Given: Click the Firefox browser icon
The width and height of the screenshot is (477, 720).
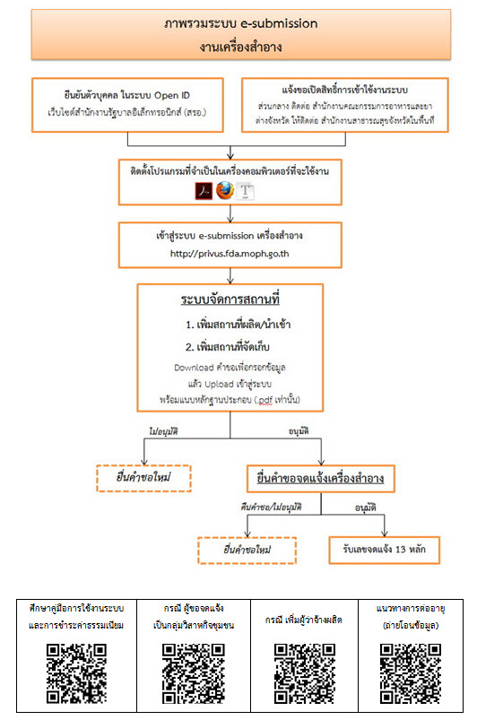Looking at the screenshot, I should pyautogui.click(x=225, y=190).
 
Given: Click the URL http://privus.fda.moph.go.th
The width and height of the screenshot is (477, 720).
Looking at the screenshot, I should pyautogui.click(x=238, y=254).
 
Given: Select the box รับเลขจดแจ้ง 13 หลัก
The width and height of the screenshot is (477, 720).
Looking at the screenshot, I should pyautogui.click(x=384, y=544).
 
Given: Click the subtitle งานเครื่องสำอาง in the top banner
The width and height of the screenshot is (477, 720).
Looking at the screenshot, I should pyautogui.click(x=238, y=43).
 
